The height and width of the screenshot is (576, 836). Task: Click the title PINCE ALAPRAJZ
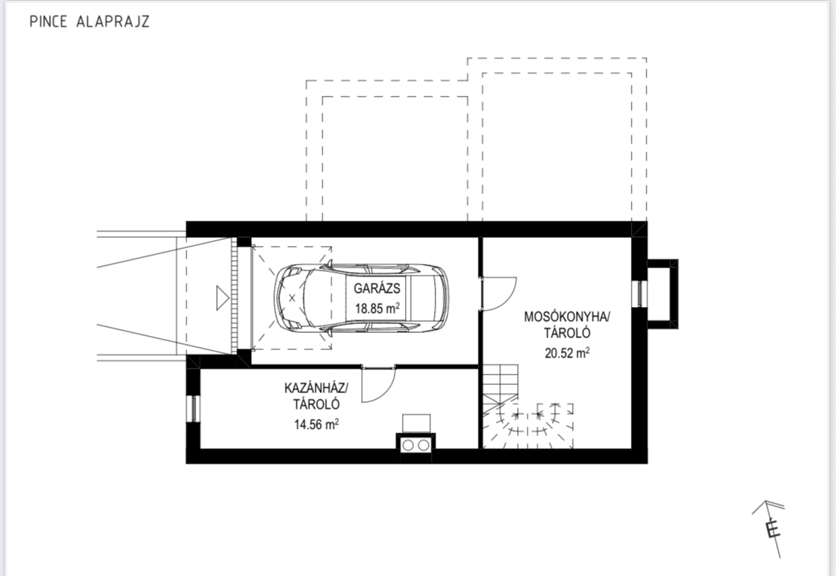tap(89, 22)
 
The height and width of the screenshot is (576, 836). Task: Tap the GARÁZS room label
tap(377, 288)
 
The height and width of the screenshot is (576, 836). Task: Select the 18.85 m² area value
tap(378, 308)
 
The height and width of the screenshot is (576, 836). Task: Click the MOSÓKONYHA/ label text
tap(567, 317)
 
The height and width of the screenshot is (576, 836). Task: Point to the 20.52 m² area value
tap(567, 352)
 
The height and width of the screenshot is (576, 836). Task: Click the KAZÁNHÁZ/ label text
tap(316, 387)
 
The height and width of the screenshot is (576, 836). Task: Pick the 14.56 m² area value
tap(316, 424)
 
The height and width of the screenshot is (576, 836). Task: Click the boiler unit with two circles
tap(416, 444)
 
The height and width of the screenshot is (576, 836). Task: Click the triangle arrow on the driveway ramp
tap(222, 297)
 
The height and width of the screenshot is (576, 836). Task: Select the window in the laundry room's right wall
tap(639, 294)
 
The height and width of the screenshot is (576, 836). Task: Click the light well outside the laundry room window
tap(662, 294)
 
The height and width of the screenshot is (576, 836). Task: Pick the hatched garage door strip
tap(233, 297)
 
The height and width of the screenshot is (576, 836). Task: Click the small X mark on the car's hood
tap(291, 297)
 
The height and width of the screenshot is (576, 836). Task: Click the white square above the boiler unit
tap(416, 423)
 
